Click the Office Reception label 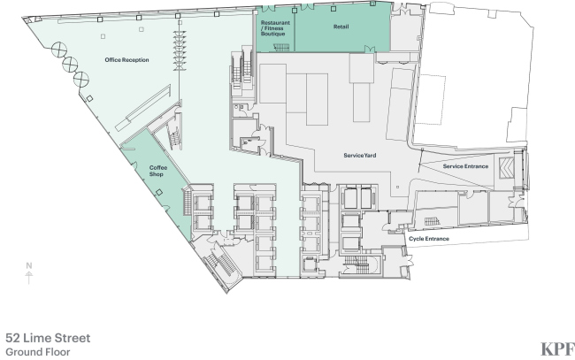(x=126, y=60)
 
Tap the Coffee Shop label (x=158, y=171)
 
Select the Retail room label (x=341, y=27)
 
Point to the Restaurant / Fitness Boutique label (x=275, y=28)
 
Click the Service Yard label (x=360, y=156)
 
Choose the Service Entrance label (x=465, y=166)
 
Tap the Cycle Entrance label (x=429, y=239)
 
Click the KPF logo (x=557, y=349)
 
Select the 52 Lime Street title (x=48, y=338)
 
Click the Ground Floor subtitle (x=38, y=352)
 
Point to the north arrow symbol (x=29, y=278)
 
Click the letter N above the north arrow (x=29, y=265)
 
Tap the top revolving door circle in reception (x=59, y=50)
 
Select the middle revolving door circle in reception (x=70, y=65)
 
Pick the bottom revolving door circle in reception (x=81, y=80)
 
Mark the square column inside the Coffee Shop (x=158, y=192)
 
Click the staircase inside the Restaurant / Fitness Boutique (x=281, y=47)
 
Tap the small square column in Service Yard (x=397, y=187)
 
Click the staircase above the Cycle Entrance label (x=432, y=221)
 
